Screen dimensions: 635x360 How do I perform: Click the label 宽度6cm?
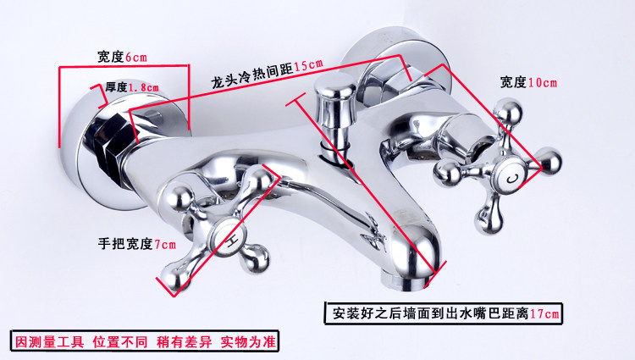click(x=122, y=57)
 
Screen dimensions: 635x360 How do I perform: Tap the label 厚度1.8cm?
click(x=131, y=86)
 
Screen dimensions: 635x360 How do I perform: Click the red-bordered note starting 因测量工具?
click(x=145, y=342)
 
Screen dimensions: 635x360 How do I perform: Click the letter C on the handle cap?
click(x=511, y=178)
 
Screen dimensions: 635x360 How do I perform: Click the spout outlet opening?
click(x=422, y=258)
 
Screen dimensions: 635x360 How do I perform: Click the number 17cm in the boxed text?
click(x=545, y=313)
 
